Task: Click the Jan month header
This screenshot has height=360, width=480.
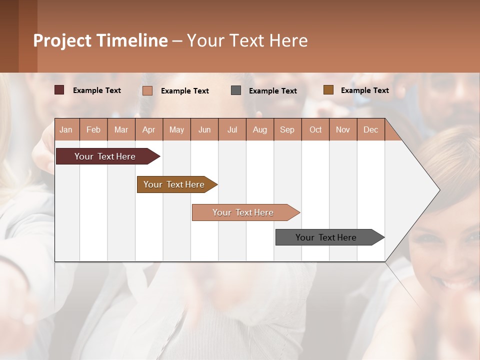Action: (x=66, y=130)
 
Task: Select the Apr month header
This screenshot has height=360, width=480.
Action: (x=149, y=130)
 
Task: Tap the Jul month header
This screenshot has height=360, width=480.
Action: (x=232, y=130)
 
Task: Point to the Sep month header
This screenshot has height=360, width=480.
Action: (x=287, y=130)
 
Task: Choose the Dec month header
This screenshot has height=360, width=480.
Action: (x=370, y=130)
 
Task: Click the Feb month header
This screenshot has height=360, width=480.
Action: (x=93, y=130)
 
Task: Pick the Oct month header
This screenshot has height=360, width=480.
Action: (x=315, y=130)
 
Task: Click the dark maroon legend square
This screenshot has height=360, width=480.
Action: (x=59, y=90)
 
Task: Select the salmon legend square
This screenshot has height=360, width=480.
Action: (x=147, y=90)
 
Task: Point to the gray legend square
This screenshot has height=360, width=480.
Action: (x=236, y=90)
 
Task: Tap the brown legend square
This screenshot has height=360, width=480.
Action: (x=328, y=90)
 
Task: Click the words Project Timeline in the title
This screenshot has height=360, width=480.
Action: (x=100, y=40)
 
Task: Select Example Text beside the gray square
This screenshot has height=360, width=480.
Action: (x=272, y=91)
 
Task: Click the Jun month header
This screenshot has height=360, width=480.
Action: (x=204, y=130)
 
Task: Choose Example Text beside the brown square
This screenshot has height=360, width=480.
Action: (x=364, y=90)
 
